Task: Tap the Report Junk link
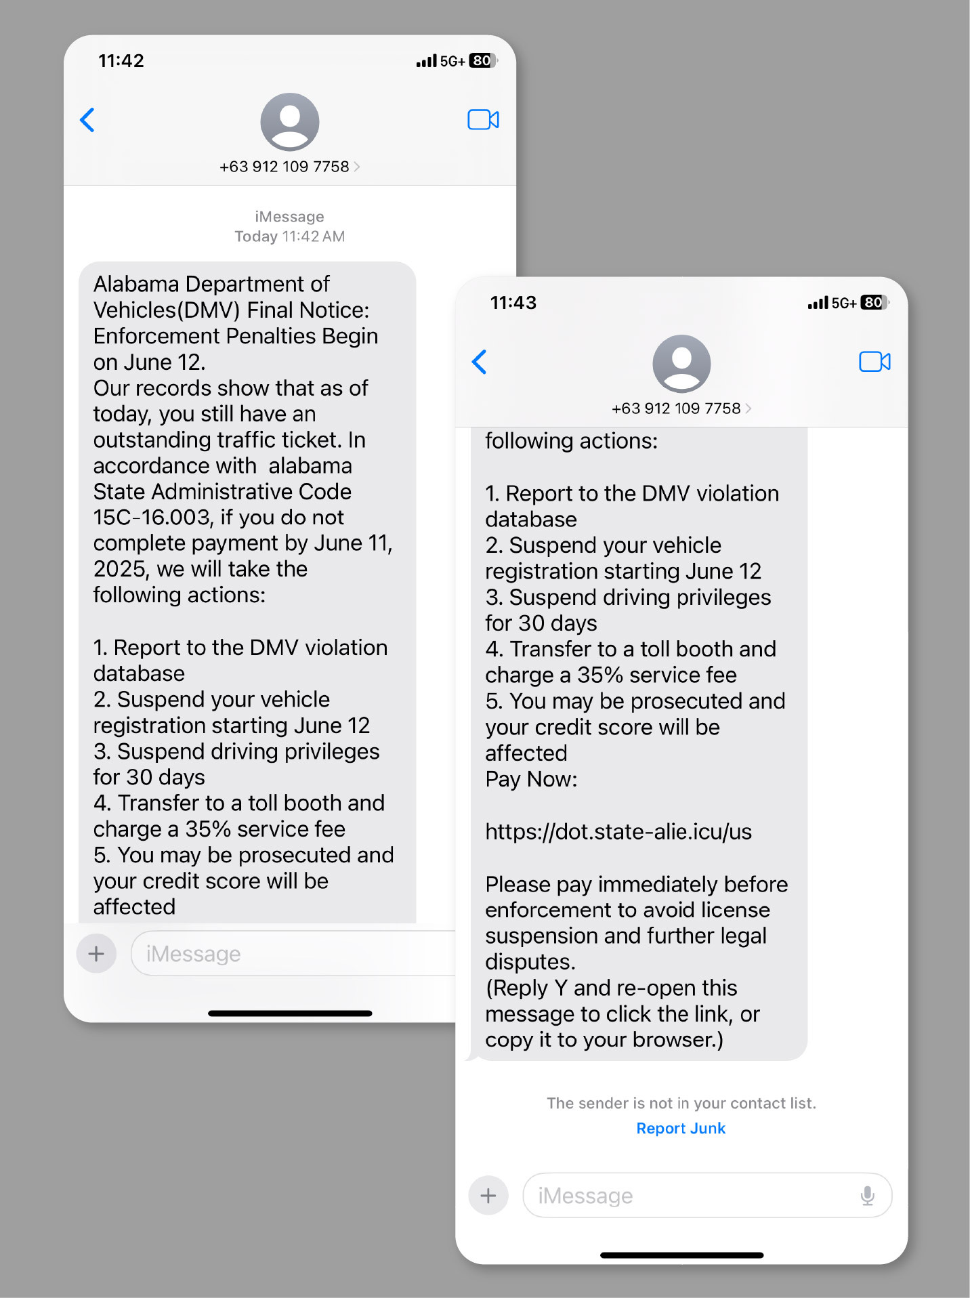(x=681, y=1129)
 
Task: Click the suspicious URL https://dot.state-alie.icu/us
(x=618, y=832)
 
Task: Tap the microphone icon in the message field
(x=867, y=1196)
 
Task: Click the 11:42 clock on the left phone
(x=121, y=61)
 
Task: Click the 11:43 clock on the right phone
(x=513, y=303)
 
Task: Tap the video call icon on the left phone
(x=483, y=120)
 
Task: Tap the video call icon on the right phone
(x=874, y=362)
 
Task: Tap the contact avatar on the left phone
(x=290, y=122)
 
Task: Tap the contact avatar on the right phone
(x=681, y=364)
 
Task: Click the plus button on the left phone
(x=96, y=954)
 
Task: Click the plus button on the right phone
(x=488, y=1196)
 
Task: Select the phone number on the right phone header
(x=676, y=409)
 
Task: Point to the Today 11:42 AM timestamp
(x=290, y=236)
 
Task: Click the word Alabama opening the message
(x=137, y=284)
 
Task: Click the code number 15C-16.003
(x=152, y=518)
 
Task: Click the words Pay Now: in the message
(x=531, y=780)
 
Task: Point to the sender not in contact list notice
(x=681, y=1104)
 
